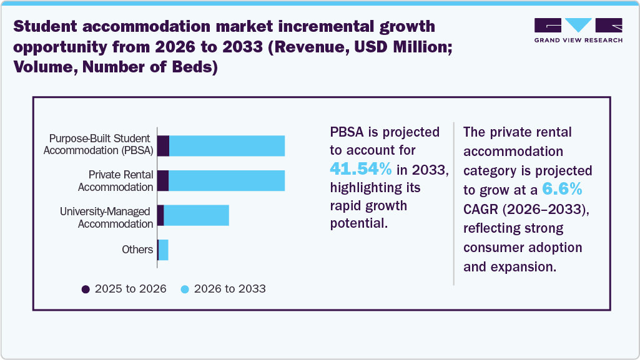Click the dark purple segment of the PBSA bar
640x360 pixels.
163,146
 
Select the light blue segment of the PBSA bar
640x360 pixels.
227,146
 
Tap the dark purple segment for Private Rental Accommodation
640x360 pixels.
162,180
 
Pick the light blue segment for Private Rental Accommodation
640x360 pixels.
227,180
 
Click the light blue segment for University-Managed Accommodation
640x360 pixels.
196,215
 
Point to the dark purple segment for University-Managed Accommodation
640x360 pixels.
160,215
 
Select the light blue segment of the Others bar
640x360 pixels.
164,250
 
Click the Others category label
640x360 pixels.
137,250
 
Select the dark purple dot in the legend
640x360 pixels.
86,289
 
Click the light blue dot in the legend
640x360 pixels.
185,289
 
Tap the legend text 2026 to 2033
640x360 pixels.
230,289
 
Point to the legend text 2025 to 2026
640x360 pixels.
130,289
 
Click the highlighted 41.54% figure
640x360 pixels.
361,168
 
